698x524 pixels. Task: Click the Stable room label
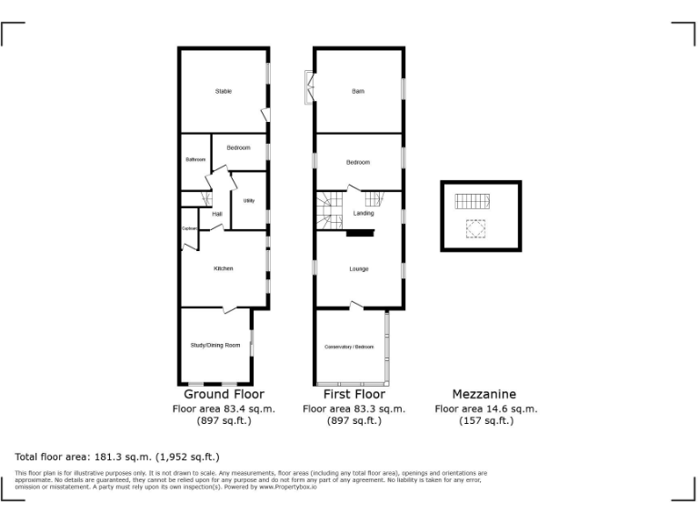pyautogui.click(x=223, y=91)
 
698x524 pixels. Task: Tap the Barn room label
pyautogui.click(x=358, y=91)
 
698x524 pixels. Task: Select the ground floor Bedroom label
pyautogui.click(x=238, y=147)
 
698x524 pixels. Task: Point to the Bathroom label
pyautogui.click(x=195, y=160)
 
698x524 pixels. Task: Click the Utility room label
pyautogui.click(x=248, y=200)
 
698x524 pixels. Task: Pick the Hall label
pyautogui.click(x=217, y=214)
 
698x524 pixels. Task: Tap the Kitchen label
pyautogui.click(x=223, y=268)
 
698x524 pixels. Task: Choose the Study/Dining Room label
pyautogui.click(x=215, y=345)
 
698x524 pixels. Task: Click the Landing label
pyautogui.click(x=364, y=214)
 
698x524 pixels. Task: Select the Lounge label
pyautogui.click(x=358, y=268)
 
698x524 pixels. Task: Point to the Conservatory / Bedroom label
pyautogui.click(x=349, y=348)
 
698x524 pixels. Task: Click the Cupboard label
pyautogui.click(x=190, y=228)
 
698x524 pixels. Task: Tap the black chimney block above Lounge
pyautogui.click(x=360, y=233)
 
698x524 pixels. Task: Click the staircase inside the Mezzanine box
pyautogui.click(x=472, y=202)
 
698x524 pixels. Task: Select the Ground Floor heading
pyautogui.click(x=224, y=395)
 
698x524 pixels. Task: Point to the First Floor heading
pyautogui.click(x=354, y=395)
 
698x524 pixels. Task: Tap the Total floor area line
pyautogui.click(x=117, y=457)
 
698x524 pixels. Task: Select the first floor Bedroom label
pyautogui.click(x=358, y=162)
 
